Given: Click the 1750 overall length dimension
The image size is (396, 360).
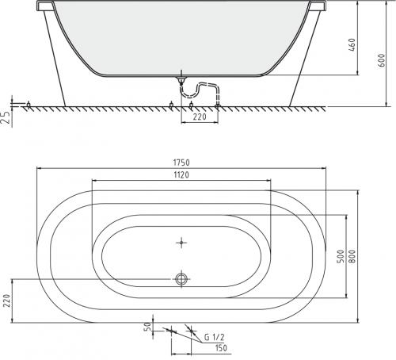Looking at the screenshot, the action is pos(181,163).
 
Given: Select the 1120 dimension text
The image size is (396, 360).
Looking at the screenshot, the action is pos(181,174).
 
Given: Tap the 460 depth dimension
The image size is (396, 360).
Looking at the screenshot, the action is pos(352,45).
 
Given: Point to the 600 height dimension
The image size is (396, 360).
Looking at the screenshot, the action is pos(382,60).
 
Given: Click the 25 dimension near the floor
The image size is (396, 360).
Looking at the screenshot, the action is pos(6,117).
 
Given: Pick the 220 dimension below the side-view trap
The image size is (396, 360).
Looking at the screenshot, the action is pos(200,117).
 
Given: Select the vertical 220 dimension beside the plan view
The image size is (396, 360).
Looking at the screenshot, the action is pos(7,301).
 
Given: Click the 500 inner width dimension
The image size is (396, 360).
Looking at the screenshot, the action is pos(341,256).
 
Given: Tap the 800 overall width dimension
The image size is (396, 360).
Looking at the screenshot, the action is pos(352,256).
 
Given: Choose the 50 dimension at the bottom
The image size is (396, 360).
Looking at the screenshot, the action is pos(148,326).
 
